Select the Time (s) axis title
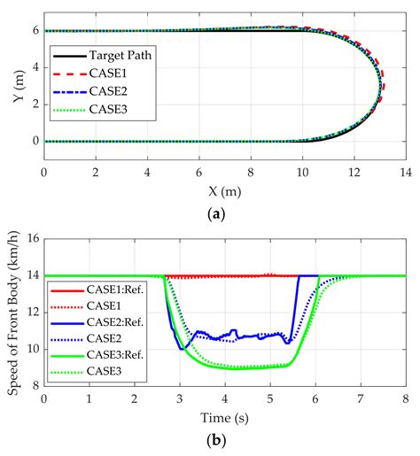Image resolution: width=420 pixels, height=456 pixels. tap(224, 415)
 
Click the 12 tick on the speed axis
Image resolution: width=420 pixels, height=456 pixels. tap(30, 313)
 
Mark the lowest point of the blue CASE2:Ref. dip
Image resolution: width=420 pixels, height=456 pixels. tap(182, 349)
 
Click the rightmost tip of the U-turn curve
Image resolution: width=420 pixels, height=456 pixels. tap(381, 86)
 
